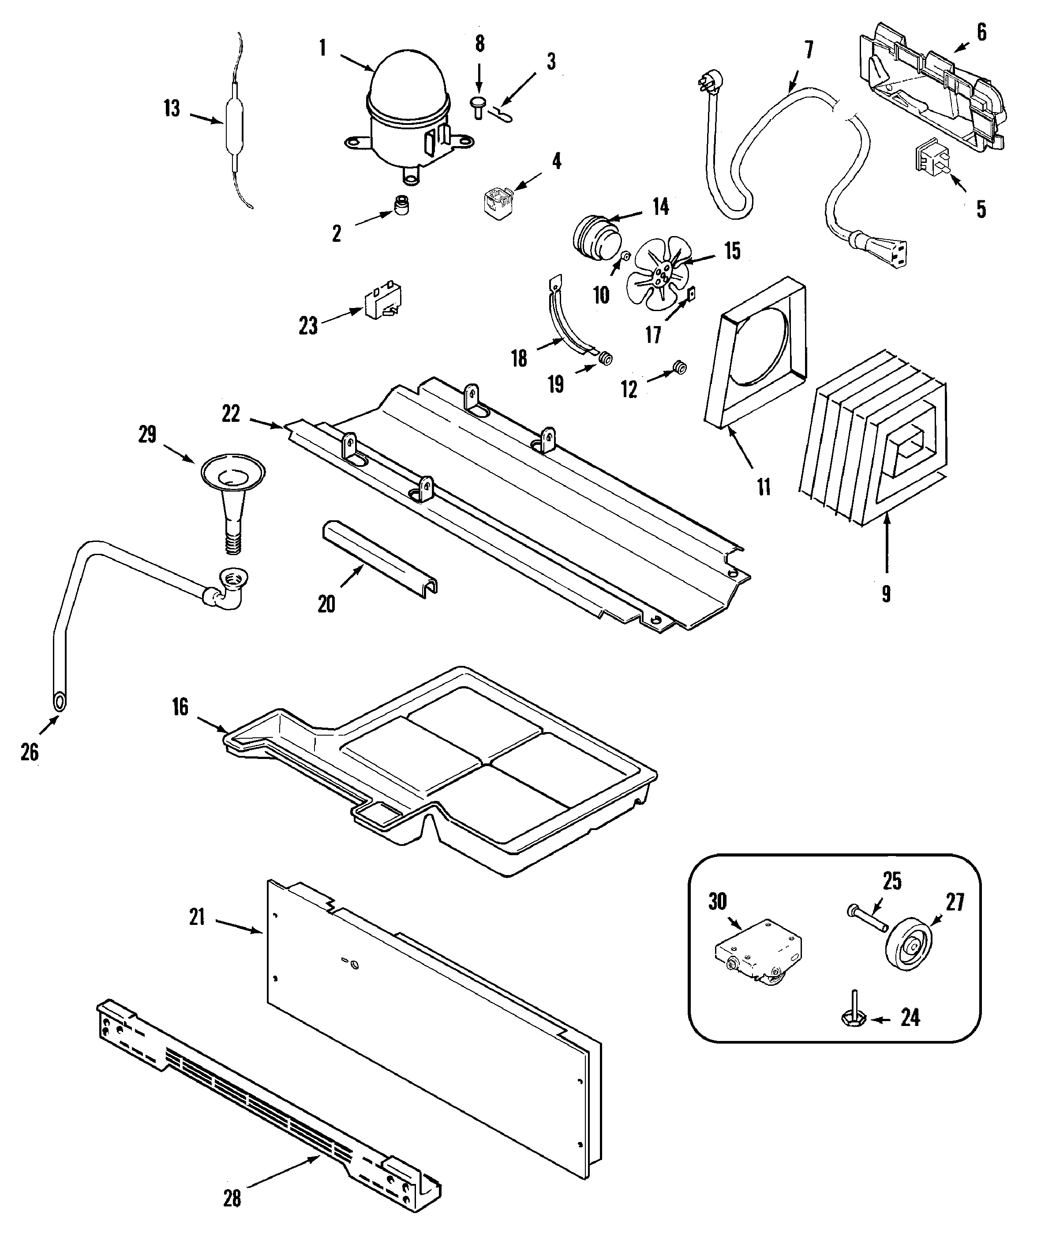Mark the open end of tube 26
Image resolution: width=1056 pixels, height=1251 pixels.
(x=59, y=701)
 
